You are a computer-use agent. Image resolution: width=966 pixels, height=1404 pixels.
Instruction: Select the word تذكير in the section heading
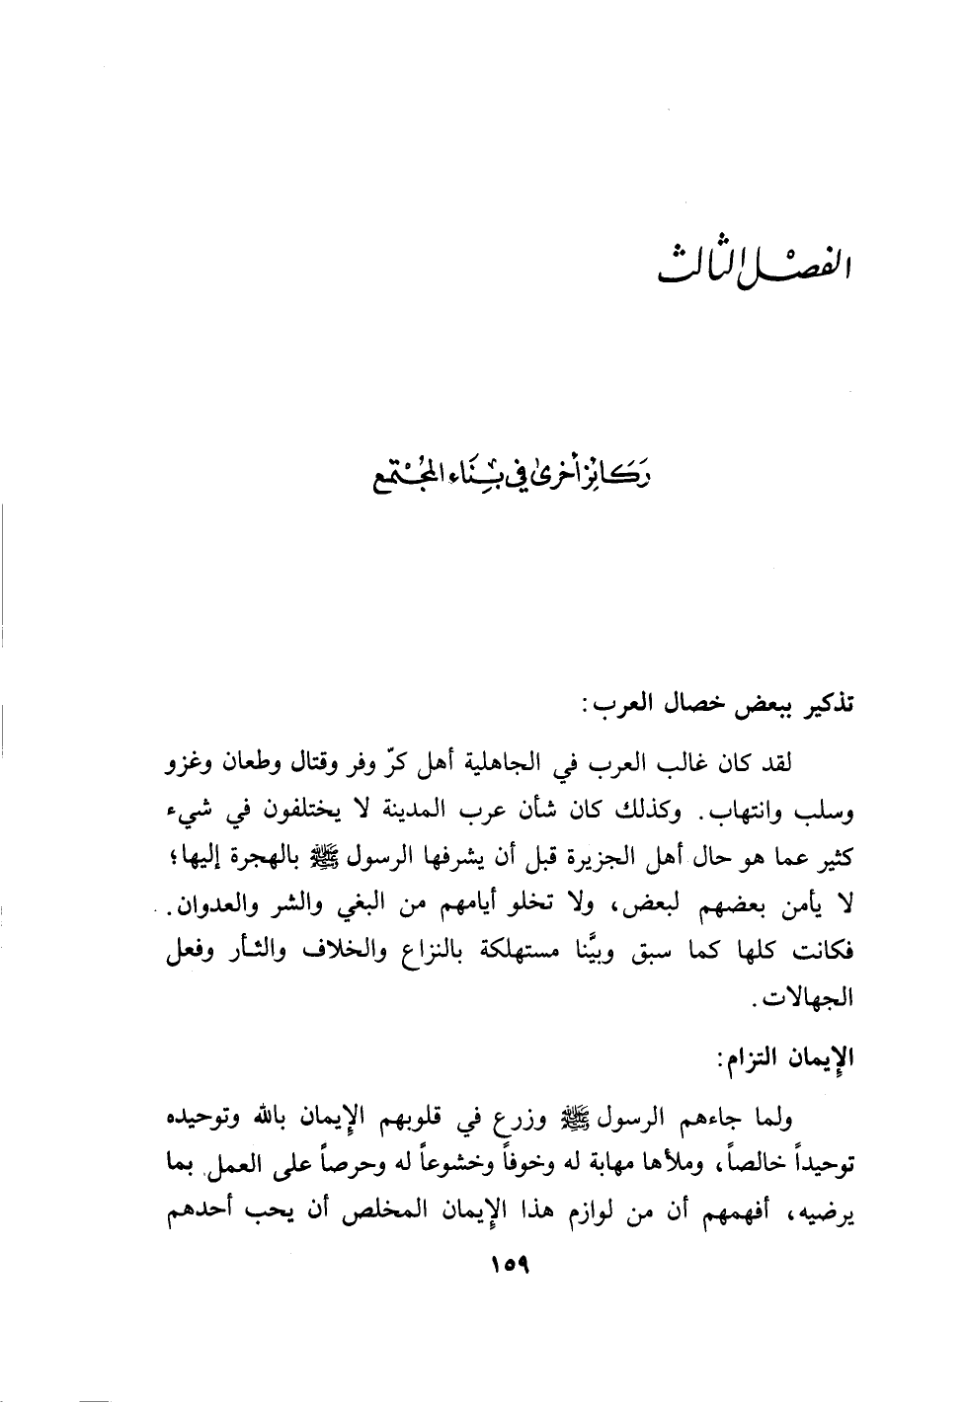click(x=827, y=707)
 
